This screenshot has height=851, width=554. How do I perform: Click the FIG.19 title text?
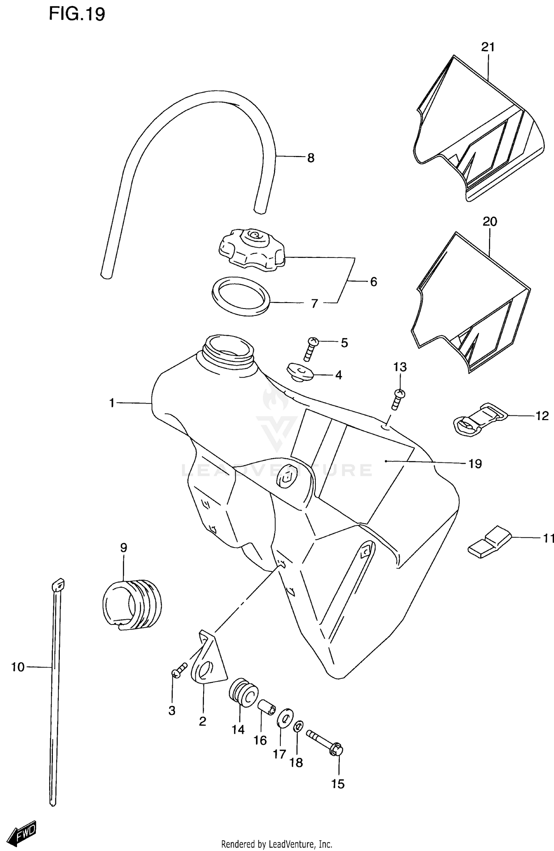coord(77,14)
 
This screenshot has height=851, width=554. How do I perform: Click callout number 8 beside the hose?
coord(311,158)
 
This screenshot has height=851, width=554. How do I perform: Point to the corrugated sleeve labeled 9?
coord(131,605)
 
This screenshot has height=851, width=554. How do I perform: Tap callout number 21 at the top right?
coord(488,47)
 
